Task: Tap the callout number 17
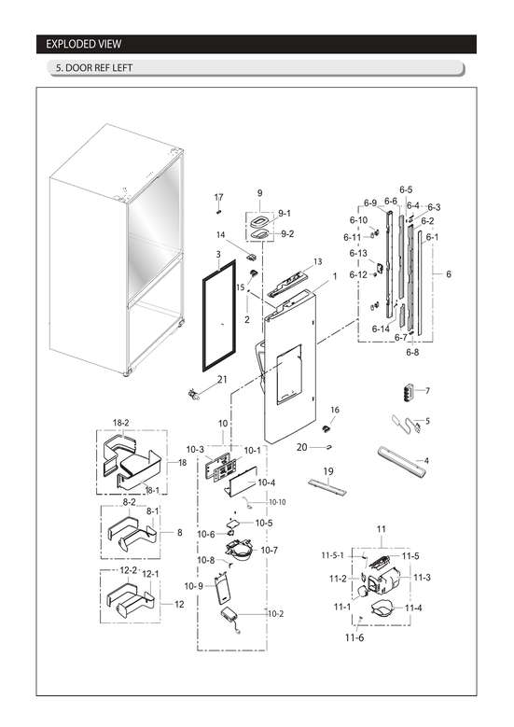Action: pyautogui.click(x=219, y=197)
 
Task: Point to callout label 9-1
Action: pyautogui.click(x=284, y=213)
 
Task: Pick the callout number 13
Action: pyautogui.click(x=317, y=261)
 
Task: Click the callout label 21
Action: pyautogui.click(x=222, y=379)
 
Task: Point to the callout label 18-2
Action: pyautogui.click(x=120, y=423)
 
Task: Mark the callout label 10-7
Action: pyautogui.click(x=269, y=551)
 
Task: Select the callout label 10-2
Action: pyautogui.click(x=276, y=613)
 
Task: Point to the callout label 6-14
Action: pyautogui.click(x=381, y=329)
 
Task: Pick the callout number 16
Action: pyautogui.click(x=334, y=410)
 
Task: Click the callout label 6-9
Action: pyautogui.click(x=369, y=203)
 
